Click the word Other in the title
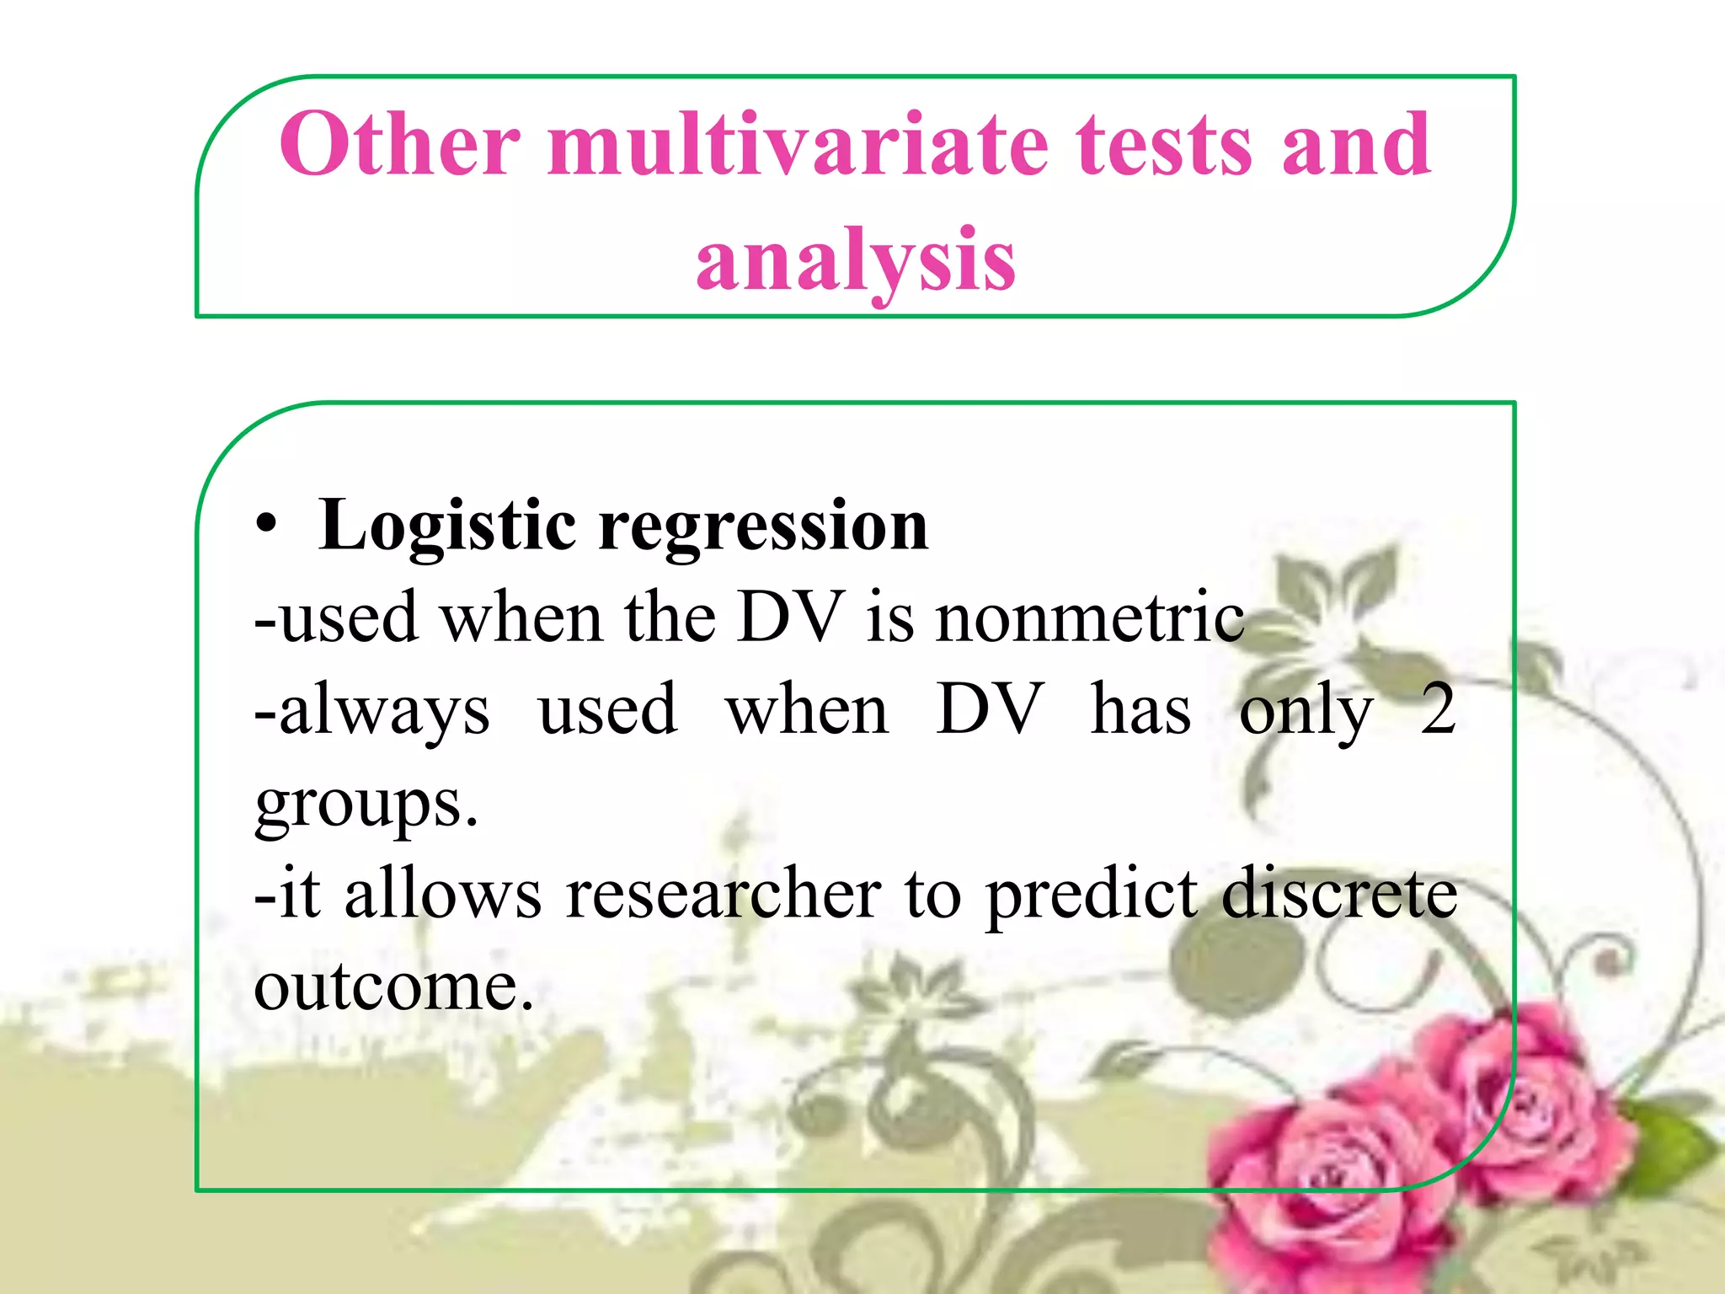click(400, 145)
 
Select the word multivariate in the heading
click(798, 145)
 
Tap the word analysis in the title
click(856, 261)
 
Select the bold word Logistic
click(446, 527)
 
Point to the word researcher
click(723, 895)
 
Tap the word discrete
click(1339, 895)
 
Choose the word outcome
click(393, 987)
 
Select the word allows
click(443, 895)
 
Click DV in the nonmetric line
click(790, 618)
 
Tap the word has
click(1140, 709)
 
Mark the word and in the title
click(1356, 145)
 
